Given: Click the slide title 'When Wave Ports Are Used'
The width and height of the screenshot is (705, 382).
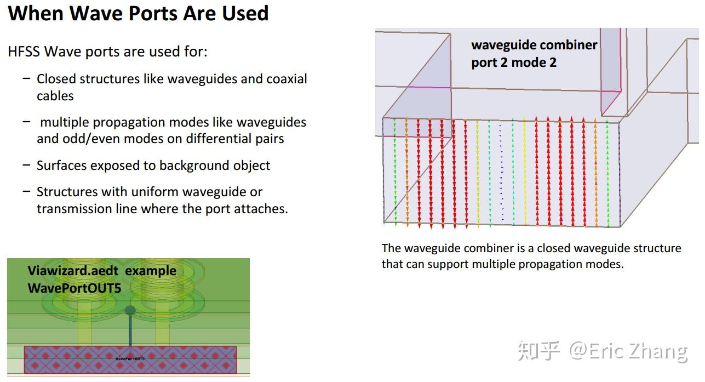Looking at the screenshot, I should tap(138, 13).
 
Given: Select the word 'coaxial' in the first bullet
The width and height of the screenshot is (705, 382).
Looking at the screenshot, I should tap(286, 79).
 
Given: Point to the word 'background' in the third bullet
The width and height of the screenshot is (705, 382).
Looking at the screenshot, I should tap(188, 166).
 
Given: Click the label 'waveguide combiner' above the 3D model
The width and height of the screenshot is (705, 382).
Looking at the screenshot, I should tap(534, 45).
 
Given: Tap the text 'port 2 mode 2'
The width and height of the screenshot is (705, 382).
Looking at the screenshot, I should tap(514, 62).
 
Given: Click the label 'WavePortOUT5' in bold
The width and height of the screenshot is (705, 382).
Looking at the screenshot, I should tap(74, 287).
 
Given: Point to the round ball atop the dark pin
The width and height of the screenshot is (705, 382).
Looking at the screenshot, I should tap(130, 310).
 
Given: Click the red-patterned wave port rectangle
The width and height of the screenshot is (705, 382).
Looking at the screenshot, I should tap(130, 360).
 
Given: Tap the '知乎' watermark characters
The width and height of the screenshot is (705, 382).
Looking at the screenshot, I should tap(539, 351).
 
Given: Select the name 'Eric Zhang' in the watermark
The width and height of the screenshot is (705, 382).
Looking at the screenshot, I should tap(638, 351).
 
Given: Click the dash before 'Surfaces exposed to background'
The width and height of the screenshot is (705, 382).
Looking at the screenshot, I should tap(26, 165).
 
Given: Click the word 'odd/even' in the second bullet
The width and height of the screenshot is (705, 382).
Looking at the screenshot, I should tap(84, 139).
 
